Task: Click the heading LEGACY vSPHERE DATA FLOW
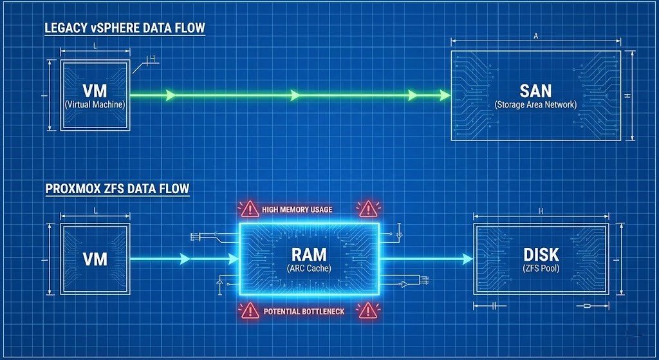124,28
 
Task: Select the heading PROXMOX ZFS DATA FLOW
116,189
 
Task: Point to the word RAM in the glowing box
310,254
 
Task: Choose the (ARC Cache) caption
310,269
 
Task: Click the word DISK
542,254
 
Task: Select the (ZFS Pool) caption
542,268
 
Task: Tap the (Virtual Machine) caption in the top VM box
95,104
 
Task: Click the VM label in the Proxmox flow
95,260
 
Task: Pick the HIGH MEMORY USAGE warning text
297,210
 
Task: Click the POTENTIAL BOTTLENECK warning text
304,312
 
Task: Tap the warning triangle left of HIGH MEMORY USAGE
249,209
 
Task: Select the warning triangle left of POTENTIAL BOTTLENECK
250,310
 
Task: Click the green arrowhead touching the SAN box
445,95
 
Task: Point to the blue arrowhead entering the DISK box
468,259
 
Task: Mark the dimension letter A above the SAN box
536,37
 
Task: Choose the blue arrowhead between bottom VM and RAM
185,259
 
